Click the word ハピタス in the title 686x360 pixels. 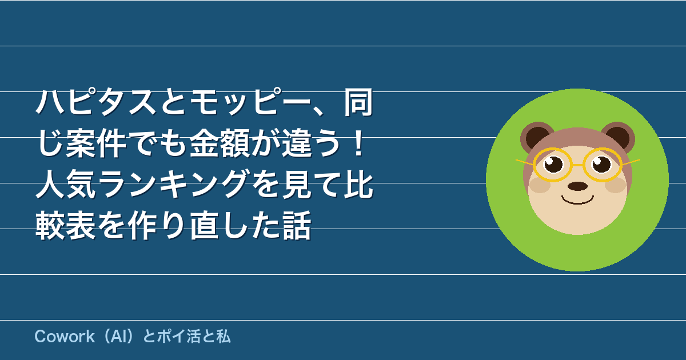click(96, 102)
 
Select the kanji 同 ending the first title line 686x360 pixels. click(358, 102)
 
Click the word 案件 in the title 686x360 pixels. click(96, 143)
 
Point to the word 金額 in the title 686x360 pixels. click(220, 143)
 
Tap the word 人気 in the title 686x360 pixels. click(66, 184)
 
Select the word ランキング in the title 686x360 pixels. click(173, 184)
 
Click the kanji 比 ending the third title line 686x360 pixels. click(358, 184)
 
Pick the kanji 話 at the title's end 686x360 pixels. click(297, 225)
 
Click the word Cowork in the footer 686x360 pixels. click(65, 337)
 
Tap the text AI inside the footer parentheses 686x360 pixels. click(118, 337)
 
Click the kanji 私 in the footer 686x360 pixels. click(224, 337)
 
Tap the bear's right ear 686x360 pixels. click(619, 137)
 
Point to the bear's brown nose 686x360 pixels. click(577, 186)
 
